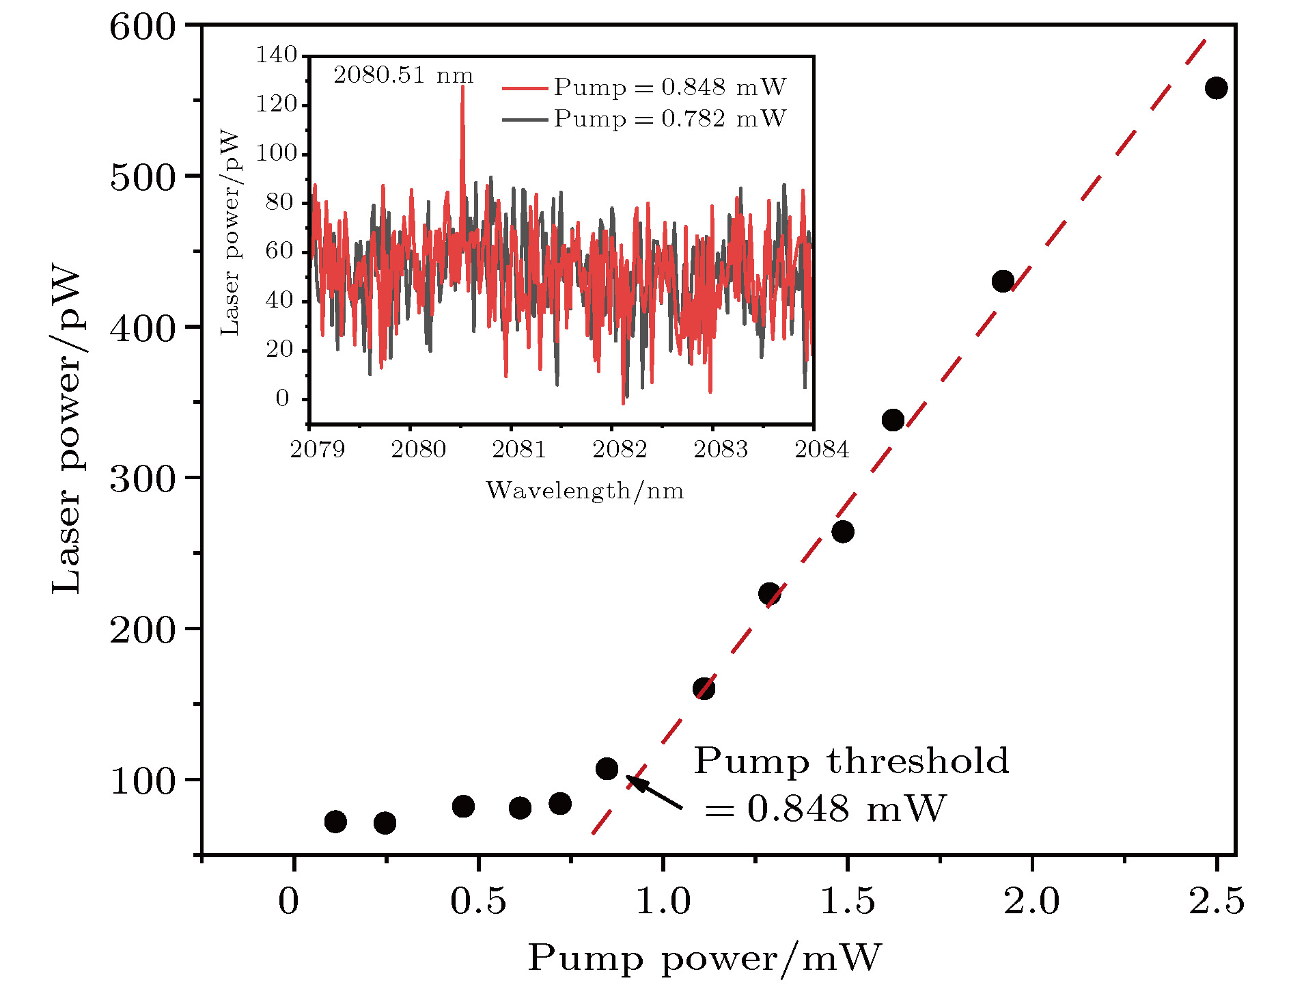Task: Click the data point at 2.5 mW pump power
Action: click(x=1216, y=87)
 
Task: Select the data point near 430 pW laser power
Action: click(x=1003, y=281)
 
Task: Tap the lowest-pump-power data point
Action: click(x=335, y=821)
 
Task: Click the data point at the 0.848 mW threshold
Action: click(x=607, y=769)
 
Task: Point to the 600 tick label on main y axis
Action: click(x=143, y=28)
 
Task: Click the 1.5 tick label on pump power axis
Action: click(x=847, y=902)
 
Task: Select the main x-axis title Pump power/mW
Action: click(x=704, y=958)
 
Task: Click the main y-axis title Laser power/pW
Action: click(x=67, y=431)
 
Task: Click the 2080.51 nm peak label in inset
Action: click(x=403, y=75)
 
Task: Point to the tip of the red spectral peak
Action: click(x=462, y=87)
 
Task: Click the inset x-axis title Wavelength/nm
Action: click(x=585, y=491)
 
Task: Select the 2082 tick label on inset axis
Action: click(x=620, y=449)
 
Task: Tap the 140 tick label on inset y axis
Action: click(x=276, y=55)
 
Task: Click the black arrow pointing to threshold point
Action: click(x=654, y=793)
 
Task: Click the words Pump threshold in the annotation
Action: click(x=851, y=761)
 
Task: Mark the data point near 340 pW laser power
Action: click(x=893, y=420)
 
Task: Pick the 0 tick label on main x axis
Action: click(x=288, y=902)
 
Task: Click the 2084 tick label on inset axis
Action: click(x=821, y=449)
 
